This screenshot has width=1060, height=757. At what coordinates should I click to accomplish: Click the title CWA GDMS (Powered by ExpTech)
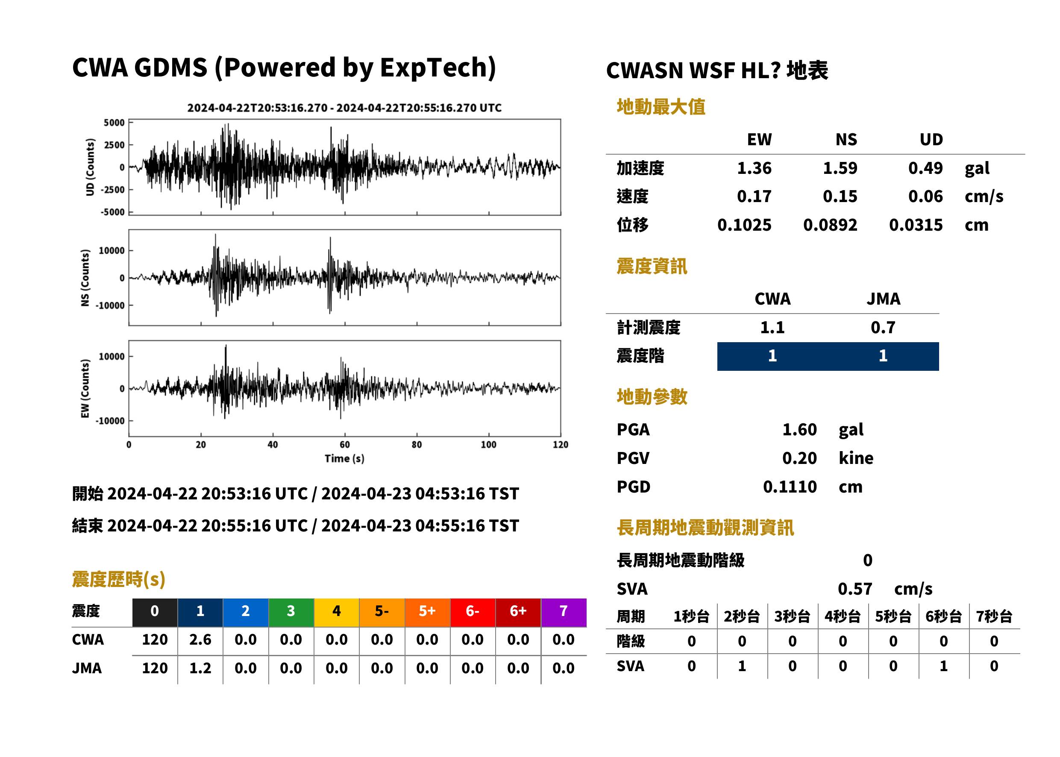pos(284,68)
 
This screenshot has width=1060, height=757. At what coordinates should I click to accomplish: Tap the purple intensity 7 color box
pos(564,612)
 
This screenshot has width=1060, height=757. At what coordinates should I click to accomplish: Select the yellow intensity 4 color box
pos(337,612)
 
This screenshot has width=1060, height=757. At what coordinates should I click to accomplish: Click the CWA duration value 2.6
pos(200,640)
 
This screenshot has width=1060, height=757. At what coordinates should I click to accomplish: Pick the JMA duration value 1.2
pos(200,668)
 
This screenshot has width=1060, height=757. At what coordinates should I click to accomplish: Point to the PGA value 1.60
pos(799,429)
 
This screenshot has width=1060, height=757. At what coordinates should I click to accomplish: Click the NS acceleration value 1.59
pos(840,168)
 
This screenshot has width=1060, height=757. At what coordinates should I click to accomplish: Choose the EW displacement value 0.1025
pos(744,225)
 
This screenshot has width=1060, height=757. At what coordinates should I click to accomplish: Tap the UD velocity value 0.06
pos(925,196)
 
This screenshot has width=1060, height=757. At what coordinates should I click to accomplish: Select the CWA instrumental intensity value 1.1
pos(772,327)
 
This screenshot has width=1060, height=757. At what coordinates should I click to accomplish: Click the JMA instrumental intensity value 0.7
pos(883,327)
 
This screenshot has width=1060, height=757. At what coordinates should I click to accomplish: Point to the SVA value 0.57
pos(855,589)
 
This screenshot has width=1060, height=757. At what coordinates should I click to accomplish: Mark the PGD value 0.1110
pos(790,487)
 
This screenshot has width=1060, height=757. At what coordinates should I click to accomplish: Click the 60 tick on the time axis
pos(344,445)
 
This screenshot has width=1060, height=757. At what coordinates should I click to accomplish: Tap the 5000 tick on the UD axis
pos(114,123)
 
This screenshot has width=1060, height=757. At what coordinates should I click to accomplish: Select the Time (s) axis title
pos(344,459)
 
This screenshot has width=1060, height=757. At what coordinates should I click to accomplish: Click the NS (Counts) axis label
pos(85,278)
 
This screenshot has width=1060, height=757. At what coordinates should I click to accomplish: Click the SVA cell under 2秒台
pos(742,666)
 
